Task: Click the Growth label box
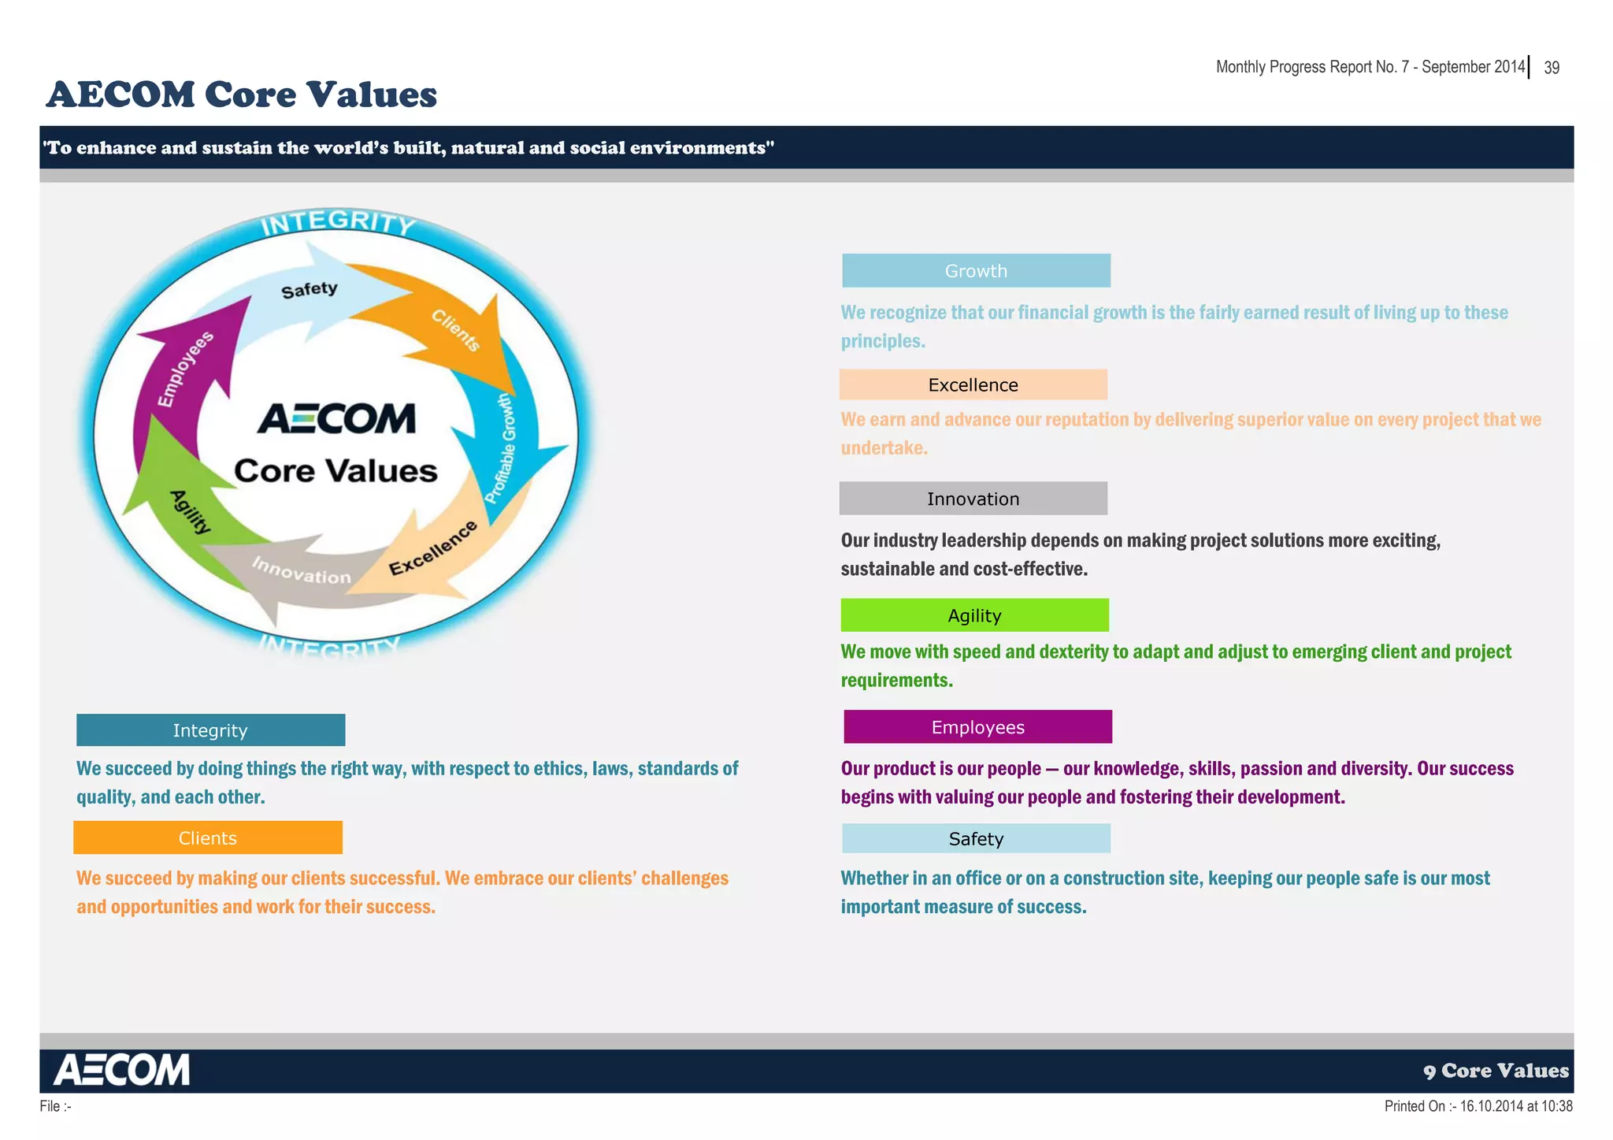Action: (x=976, y=270)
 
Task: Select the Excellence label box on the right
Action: (x=973, y=384)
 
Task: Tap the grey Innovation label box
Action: (x=973, y=499)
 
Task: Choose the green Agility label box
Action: (x=974, y=615)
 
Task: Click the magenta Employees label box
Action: (x=977, y=726)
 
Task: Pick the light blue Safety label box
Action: (x=976, y=838)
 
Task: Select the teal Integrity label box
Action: (x=210, y=730)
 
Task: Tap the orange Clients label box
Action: (x=208, y=837)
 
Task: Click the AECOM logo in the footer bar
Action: (x=122, y=1070)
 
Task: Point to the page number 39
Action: (x=1552, y=68)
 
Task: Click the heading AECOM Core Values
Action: (x=242, y=95)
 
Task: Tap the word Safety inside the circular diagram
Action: (x=310, y=290)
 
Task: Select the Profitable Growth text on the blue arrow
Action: (x=501, y=448)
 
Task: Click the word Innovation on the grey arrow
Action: (x=302, y=570)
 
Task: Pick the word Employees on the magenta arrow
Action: (x=185, y=369)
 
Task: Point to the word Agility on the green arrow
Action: (x=191, y=511)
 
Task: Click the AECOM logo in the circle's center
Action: (x=336, y=418)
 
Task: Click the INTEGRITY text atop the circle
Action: (x=338, y=222)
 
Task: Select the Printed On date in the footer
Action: (x=1478, y=1106)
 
